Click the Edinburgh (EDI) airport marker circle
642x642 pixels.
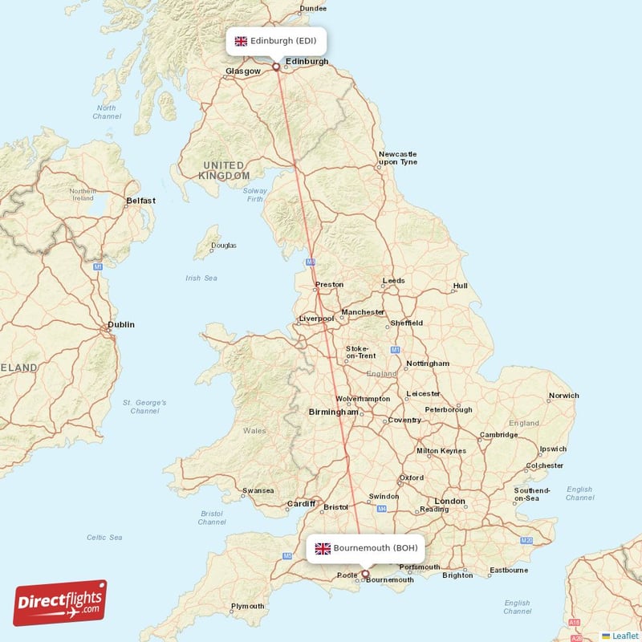click(x=276, y=67)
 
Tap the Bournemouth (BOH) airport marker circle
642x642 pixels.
click(x=366, y=574)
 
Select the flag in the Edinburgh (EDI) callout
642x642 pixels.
click(x=241, y=41)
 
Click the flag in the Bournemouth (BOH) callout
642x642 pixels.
click(x=323, y=548)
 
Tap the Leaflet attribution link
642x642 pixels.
click(x=624, y=635)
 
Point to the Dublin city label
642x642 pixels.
click(x=121, y=325)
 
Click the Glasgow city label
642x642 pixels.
click(x=243, y=71)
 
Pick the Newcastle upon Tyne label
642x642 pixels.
click(x=398, y=157)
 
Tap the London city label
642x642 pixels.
click(x=449, y=502)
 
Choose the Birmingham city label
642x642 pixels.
click(x=333, y=412)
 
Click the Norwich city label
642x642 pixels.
click(x=563, y=396)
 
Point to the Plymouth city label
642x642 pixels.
click(x=247, y=606)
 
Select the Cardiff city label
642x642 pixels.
click(x=300, y=505)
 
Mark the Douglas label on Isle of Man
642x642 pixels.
click(x=223, y=246)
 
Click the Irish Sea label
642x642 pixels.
click(x=201, y=278)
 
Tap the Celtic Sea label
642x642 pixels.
click(x=104, y=537)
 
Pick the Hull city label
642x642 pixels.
click(x=460, y=286)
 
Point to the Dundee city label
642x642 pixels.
click(x=313, y=9)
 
